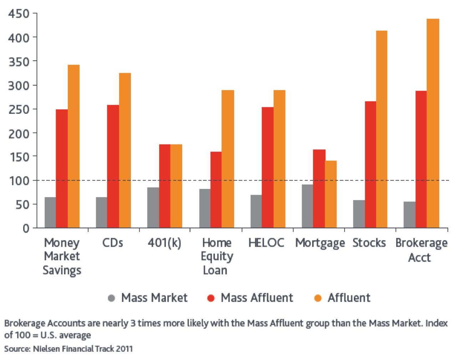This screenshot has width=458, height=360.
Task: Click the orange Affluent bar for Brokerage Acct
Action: click(433, 123)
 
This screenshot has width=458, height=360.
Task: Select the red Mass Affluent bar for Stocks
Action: click(370, 164)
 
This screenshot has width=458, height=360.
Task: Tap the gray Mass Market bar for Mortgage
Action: click(307, 206)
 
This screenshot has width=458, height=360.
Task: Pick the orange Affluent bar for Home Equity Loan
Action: click(228, 159)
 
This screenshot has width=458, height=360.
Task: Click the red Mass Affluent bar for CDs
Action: click(113, 166)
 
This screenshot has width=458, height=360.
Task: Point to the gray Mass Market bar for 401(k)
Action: click(153, 207)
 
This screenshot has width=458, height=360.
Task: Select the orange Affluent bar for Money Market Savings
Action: click(73, 146)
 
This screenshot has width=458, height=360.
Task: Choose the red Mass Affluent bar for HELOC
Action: click(268, 167)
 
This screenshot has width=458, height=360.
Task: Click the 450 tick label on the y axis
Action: click(19, 14)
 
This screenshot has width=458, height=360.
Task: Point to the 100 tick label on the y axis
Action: click(19, 181)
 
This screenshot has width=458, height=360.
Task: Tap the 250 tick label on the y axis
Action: click(19, 110)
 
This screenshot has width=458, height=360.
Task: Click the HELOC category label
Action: click(266, 243)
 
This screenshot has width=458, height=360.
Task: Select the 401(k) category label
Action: click(164, 243)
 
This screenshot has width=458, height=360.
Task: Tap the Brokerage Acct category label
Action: click(421, 250)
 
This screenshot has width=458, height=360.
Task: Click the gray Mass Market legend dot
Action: click(111, 298)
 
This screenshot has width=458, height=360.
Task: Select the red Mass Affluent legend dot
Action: click(211, 298)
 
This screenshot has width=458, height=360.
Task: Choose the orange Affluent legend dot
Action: click(318, 298)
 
